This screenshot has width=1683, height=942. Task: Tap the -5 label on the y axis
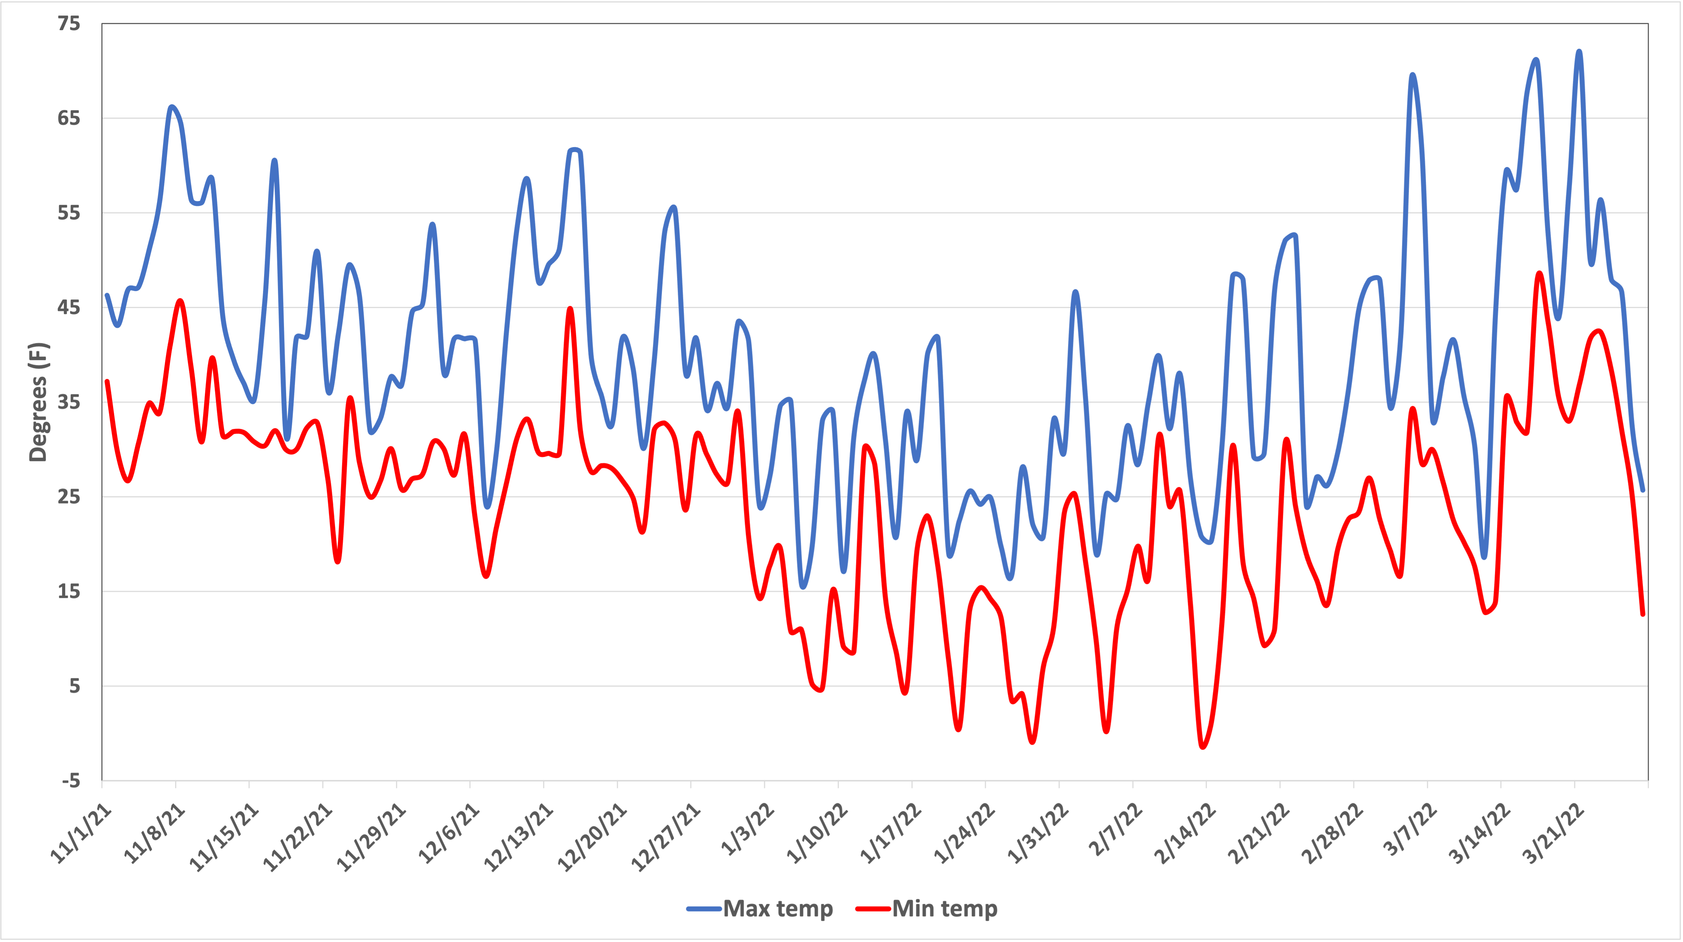70,781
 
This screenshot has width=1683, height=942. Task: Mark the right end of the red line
1643,614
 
